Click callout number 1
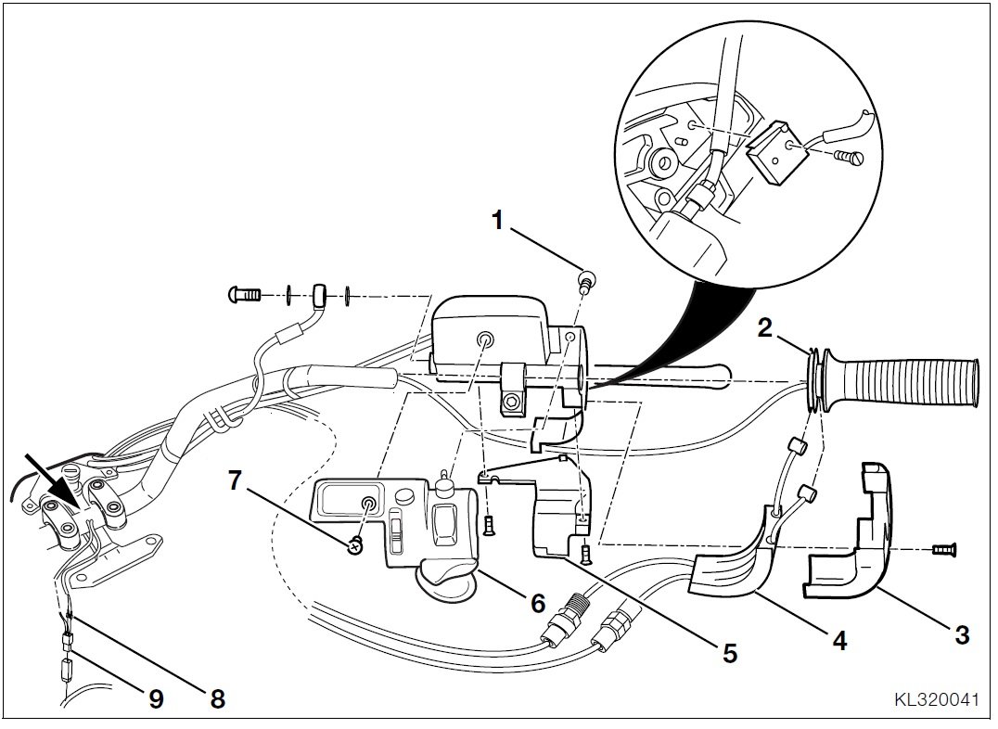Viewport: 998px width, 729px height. [x=499, y=220]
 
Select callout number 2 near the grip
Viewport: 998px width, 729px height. [x=765, y=326]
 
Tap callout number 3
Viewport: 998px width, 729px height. [x=962, y=635]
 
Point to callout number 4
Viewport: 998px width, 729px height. [x=838, y=641]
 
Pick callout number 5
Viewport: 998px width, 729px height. [x=730, y=654]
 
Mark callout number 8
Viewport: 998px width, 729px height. [x=217, y=698]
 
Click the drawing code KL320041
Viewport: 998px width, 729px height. [x=935, y=700]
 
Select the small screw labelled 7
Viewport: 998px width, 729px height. [x=353, y=545]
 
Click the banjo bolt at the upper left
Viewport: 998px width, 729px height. [x=244, y=296]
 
